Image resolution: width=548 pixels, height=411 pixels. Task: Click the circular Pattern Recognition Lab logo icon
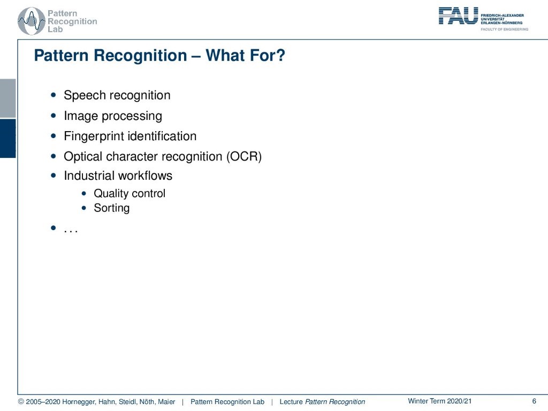32,21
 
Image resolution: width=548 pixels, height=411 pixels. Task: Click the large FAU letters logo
458,16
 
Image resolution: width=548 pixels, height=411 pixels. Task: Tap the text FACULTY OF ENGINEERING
504,29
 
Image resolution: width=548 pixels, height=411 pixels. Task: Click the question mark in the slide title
280,56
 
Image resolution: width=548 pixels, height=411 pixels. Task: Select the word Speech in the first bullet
85,95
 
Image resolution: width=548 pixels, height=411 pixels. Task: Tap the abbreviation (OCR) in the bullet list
244,157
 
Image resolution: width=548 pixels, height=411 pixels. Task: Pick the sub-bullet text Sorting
111,208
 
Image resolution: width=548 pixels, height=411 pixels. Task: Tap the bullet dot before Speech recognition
53,95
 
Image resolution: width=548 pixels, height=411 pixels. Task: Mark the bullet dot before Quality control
83,193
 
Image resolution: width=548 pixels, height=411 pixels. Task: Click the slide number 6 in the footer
534,401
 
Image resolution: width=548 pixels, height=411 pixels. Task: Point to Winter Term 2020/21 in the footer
440,401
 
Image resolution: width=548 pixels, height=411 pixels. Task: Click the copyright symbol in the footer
21,402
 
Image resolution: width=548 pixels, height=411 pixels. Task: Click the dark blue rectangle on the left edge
7,139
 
